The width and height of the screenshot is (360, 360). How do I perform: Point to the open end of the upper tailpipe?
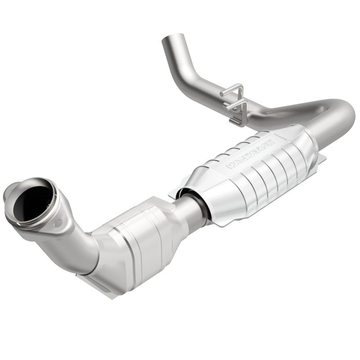174,38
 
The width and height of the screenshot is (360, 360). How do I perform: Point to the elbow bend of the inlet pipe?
81,247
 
